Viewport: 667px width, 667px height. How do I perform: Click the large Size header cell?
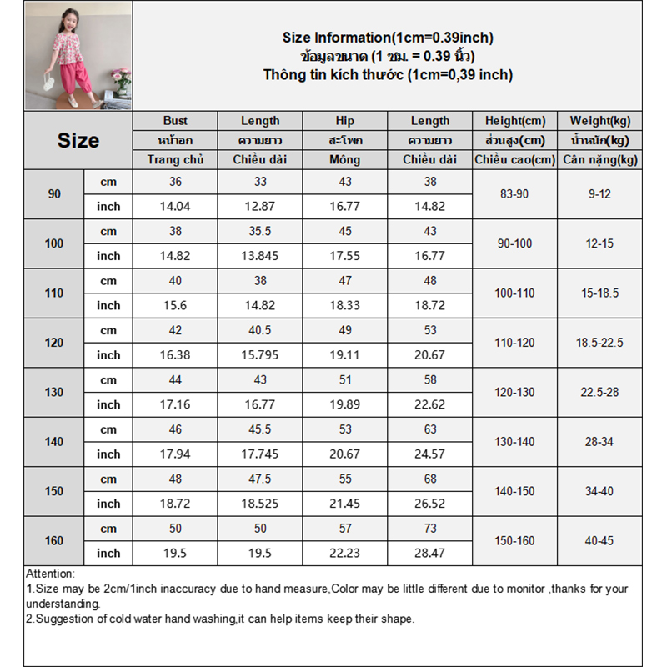78,141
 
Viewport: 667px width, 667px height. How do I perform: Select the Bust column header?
175,121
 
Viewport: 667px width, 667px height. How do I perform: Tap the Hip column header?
345,121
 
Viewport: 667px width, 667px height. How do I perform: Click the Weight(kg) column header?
599,121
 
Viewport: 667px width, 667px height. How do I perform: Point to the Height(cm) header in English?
514,121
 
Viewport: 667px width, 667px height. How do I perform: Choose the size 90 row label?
54,194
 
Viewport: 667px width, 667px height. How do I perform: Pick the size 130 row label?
54,392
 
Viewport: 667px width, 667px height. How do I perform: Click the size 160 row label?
54,540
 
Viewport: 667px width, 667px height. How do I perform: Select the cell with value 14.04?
175,207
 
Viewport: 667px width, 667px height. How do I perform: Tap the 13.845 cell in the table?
260,256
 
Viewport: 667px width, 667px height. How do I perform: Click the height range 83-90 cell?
514,194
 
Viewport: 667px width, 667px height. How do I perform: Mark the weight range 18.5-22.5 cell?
599,343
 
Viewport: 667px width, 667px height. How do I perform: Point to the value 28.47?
430,553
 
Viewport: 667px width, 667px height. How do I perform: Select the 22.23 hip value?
345,553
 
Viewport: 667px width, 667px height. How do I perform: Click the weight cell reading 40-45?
599,540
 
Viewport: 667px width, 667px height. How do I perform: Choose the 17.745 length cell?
260,454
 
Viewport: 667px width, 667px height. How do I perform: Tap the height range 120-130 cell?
514,392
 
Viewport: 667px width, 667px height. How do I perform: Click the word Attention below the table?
50,574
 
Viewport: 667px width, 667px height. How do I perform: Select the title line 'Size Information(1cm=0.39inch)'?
388,38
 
